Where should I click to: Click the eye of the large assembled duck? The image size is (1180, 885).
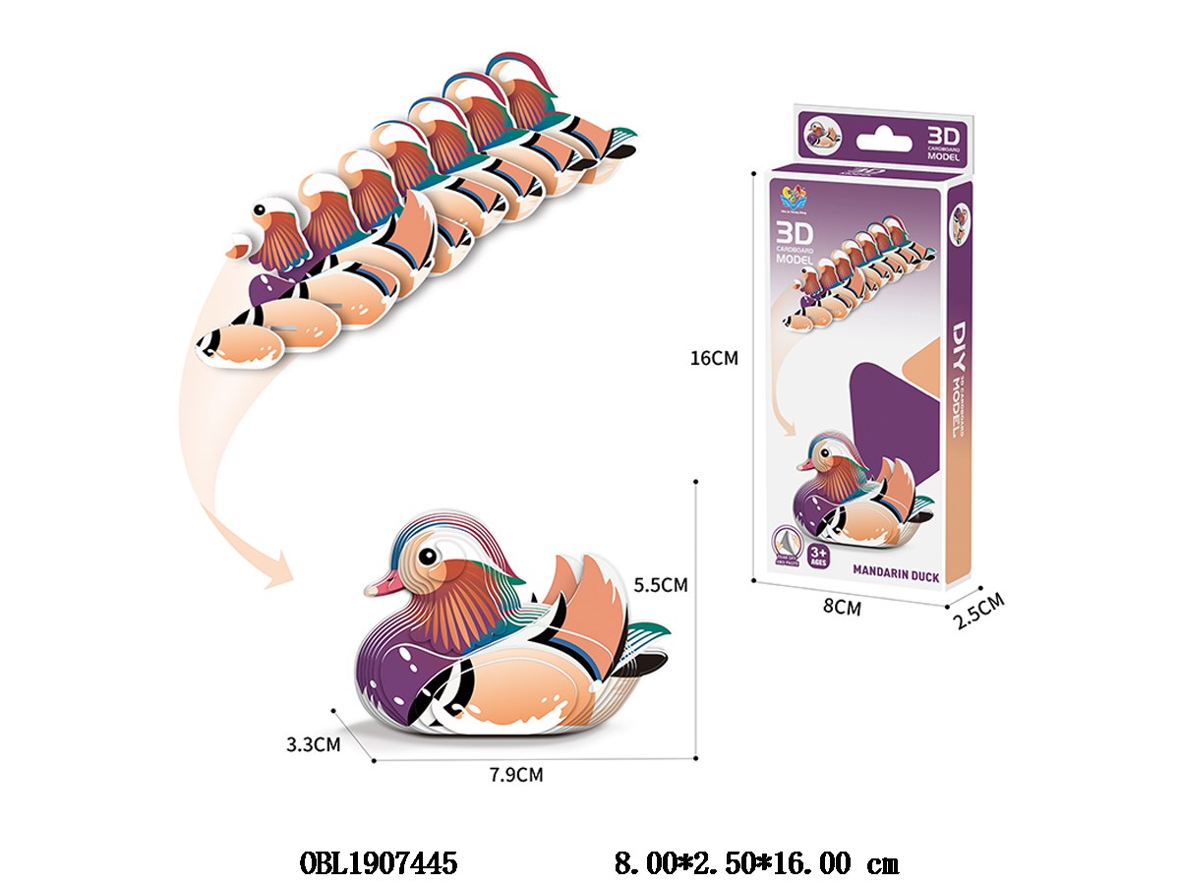click(x=428, y=556)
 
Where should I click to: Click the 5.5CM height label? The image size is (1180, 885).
click(x=660, y=584)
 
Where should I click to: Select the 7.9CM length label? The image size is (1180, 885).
click(x=515, y=774)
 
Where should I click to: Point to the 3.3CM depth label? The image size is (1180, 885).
click(x=313, y=744)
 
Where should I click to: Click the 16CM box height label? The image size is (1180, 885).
click(x=714, y=359)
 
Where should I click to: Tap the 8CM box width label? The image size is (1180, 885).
click(x=842, y=608)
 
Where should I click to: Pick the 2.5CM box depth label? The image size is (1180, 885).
click(x=978, y=611)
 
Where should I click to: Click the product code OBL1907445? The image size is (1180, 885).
click(x=378, y=864)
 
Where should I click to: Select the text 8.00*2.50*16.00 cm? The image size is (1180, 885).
click(x=756, y=864)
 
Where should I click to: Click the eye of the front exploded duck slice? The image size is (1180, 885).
click(x=260, y=209)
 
